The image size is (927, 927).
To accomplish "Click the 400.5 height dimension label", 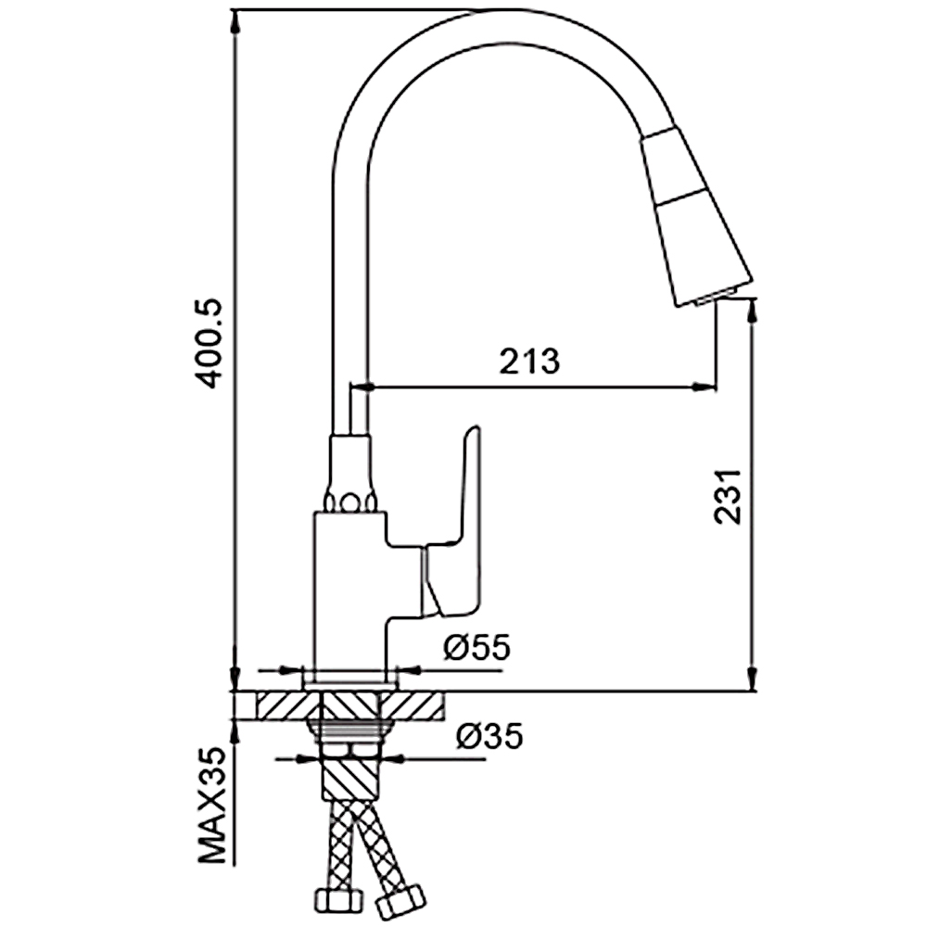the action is (x=210, y=344).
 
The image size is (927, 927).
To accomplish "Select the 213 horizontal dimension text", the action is (x=529, y=362).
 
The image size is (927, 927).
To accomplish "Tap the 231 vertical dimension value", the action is (x=728, y=496).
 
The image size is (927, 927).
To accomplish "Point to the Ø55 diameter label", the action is (x=476, y=647).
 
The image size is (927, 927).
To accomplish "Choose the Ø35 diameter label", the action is (x=489, y=737).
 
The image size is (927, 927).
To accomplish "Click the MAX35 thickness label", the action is (x=212, y=807).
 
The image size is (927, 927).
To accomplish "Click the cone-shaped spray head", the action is (x=694, y=216).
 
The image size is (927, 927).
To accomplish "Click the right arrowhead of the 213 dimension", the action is (x=705, y=387).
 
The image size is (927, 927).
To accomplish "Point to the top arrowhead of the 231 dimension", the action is (x=752, y=311).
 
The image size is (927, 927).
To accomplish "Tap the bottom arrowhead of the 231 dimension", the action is (x=752, y=679).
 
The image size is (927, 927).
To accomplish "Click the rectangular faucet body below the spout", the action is (x=349, y=591).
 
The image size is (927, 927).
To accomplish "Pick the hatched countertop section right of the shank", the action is (x=412, y=705).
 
